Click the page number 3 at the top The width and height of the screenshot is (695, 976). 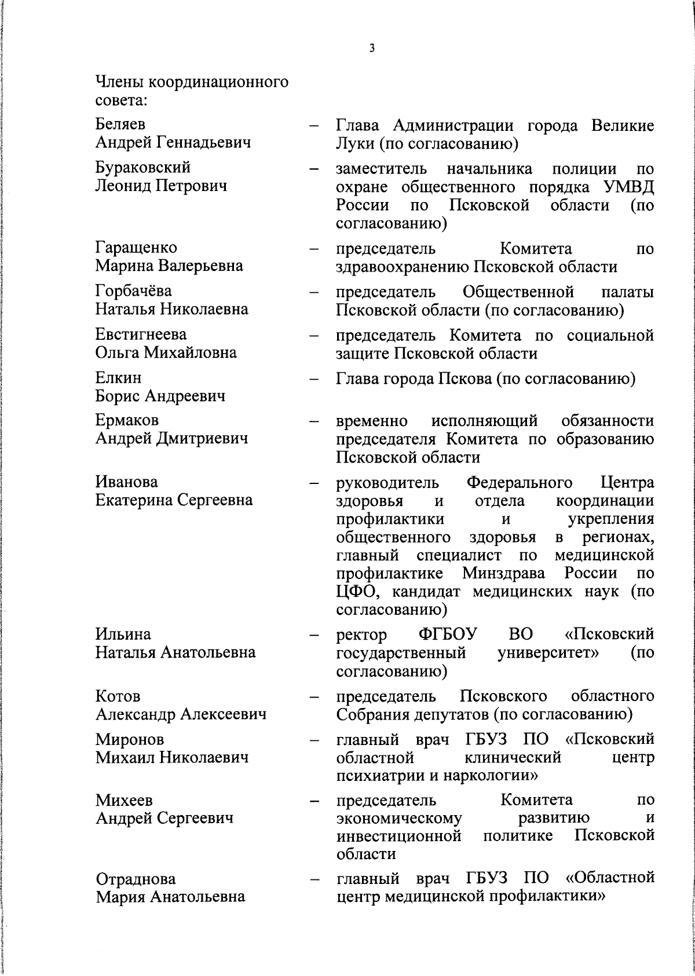point(372,49)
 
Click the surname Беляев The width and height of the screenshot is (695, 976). point(120,124)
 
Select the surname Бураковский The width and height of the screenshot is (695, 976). point(143,168)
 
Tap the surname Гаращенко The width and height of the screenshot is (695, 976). point(137,248)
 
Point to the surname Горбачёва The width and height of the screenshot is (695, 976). point(134,291)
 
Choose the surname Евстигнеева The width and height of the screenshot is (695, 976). point(141,335)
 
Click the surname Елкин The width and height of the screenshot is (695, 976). point(118,378)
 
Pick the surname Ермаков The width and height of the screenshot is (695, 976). point(127,420)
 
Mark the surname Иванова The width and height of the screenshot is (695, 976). point(127,482)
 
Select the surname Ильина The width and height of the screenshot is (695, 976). point(123,634)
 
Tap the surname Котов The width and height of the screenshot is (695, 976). point(118,696)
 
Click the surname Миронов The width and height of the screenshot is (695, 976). point(130,739)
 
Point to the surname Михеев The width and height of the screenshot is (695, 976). point(124,801)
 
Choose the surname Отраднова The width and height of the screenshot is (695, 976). point(136,879)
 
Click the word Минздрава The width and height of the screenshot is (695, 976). point(504,574)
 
